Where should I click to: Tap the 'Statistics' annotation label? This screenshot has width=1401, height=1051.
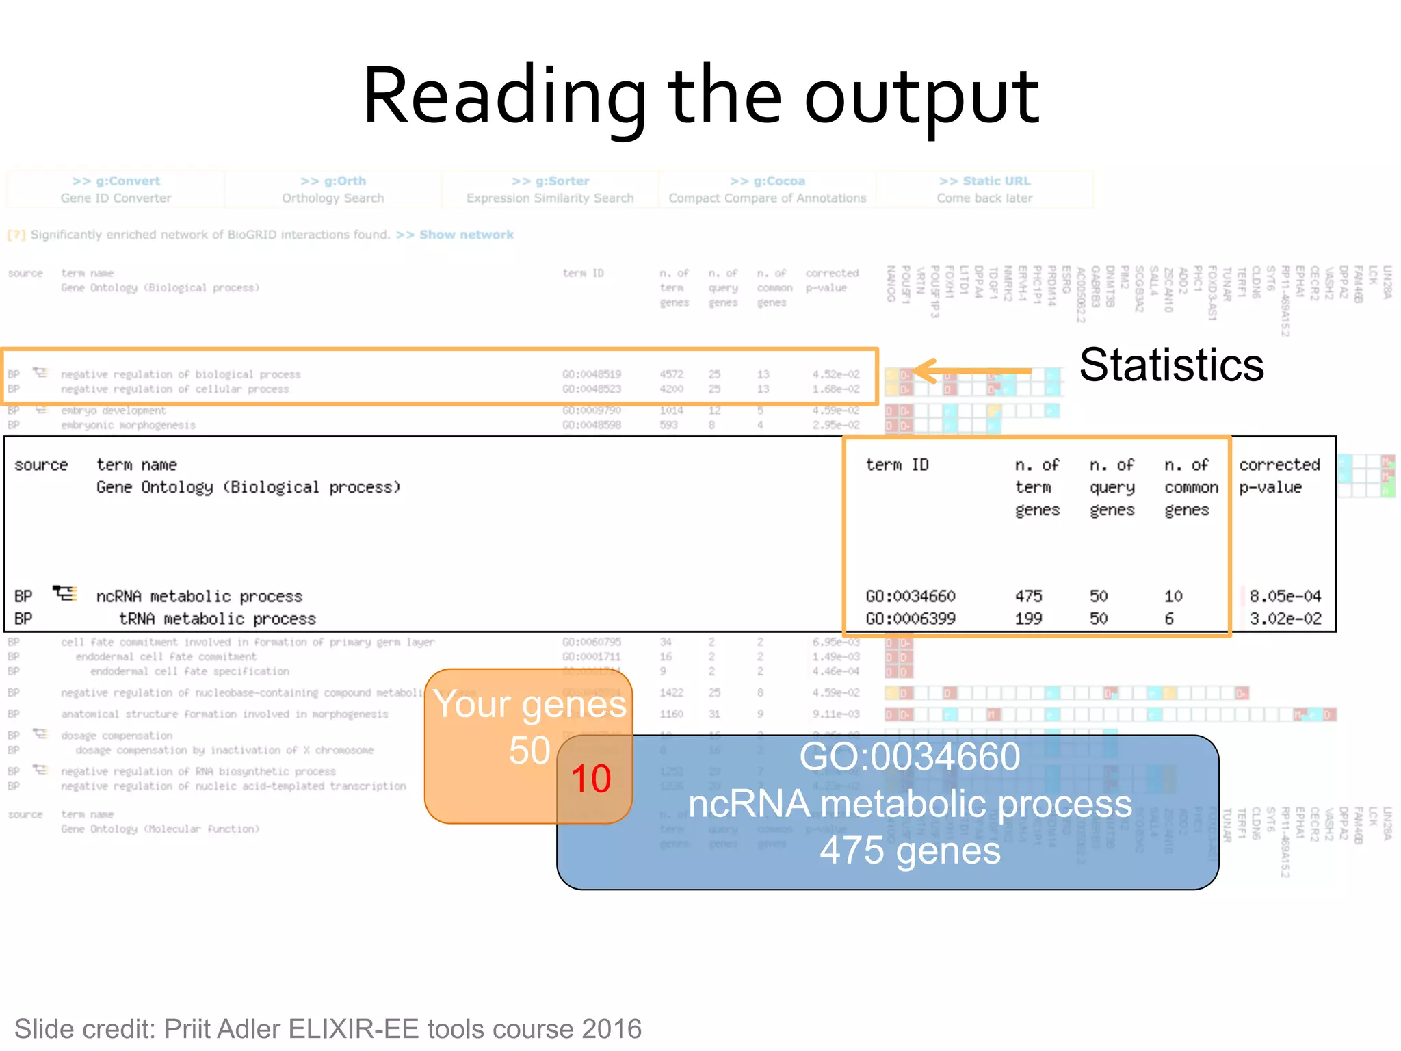(x=1171, y=365)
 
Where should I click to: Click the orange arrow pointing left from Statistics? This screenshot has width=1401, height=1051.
(x=971, y=371)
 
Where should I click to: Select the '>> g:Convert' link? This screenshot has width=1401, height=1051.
(x=116, y=181)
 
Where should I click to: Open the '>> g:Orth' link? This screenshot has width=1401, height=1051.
(x=333, y=181)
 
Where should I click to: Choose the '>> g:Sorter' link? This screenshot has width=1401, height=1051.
(x=550, y=181)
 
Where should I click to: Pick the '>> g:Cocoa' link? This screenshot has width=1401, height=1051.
(x=767, y=181)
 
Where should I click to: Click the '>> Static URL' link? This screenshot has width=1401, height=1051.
(x=984, y=181)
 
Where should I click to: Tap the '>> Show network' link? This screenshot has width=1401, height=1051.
(x=454, y=235)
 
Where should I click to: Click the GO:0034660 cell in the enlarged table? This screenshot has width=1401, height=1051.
(x=911, y=596)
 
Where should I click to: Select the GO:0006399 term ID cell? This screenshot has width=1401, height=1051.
(x=911, y=619)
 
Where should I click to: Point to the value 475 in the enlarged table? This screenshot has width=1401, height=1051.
(x=1028, y=596)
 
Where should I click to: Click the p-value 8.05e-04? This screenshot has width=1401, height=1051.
(x=1285, y=596)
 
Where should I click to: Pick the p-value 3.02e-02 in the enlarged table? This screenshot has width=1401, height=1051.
(x=1285, y=619)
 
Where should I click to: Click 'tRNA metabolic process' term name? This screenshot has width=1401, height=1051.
(x=217, y=619)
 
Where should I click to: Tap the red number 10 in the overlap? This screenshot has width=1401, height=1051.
(x=591, y=779)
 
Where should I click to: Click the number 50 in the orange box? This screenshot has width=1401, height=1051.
(x=529, y=751)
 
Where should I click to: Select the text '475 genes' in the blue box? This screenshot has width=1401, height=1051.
(x=910, y=851)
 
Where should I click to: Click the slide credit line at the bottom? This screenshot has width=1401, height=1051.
(x=328, y=1029)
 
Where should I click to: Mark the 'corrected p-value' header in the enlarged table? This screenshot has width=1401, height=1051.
(x=1279, y=476)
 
